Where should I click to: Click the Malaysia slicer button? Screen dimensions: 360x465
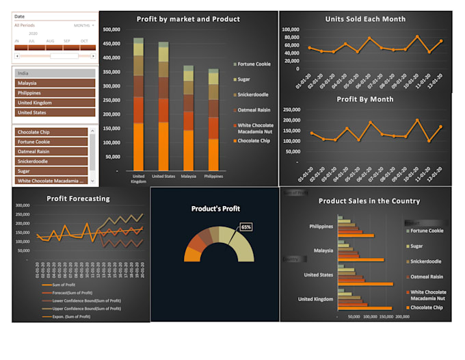55,83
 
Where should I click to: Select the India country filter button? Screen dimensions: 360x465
55,73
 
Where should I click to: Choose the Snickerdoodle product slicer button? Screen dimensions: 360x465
51,162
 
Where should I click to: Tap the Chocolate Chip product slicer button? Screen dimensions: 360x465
51,132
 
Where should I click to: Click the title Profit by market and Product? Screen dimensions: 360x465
188,19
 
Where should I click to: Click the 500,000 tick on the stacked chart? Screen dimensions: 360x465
111,29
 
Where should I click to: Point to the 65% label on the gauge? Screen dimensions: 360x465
245,227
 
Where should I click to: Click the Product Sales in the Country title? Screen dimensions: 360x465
369,201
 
